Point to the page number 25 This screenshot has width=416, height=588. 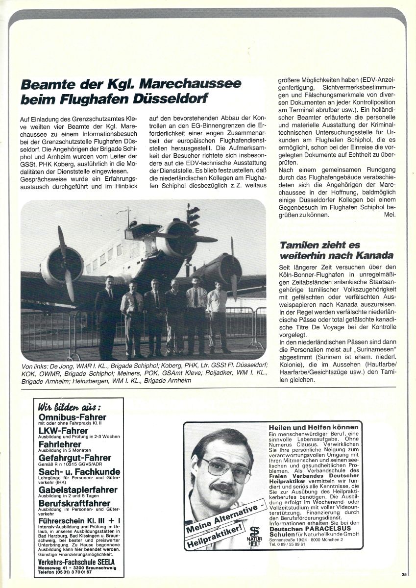pyautogui.click(x=404, y=575)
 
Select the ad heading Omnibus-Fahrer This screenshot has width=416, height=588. pyautogui.click(x=72, y=417)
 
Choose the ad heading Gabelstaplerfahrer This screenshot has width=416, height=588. pyautogui.click(x=77, y=490)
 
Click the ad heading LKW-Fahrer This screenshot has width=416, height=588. pyautogui.click(x=61, y=431)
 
